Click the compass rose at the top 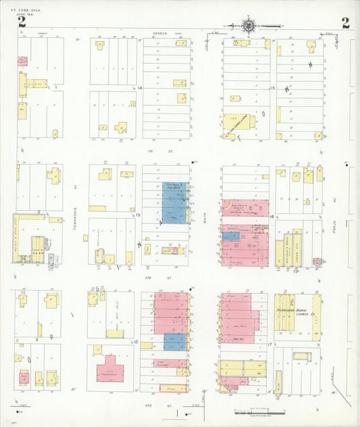(x=249, y=25)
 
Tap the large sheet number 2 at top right (x=346, y=23)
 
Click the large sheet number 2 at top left (x=22, y=23)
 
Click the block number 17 (x=269, y=345)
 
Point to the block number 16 (x=271, y=216)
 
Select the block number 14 (x=139, y=89)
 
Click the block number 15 (x=272, y=89)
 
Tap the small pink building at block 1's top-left (x=21, y=60)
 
